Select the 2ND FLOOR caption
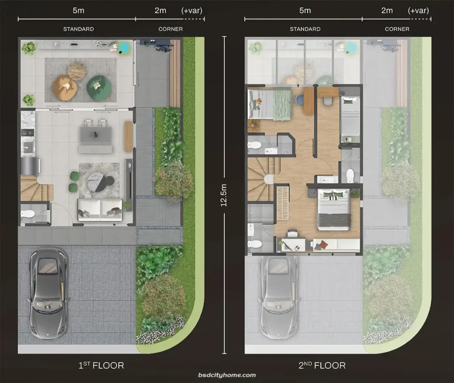(x=322, y=365)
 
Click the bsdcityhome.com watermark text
(x=227, y=375)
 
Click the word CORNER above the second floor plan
(x=397, y=29)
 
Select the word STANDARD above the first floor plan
(x=78, y=29)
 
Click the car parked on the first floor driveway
(x=48, y=293)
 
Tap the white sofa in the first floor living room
(x=100, y=209)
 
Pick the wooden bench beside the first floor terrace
(x=175, y=74)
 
